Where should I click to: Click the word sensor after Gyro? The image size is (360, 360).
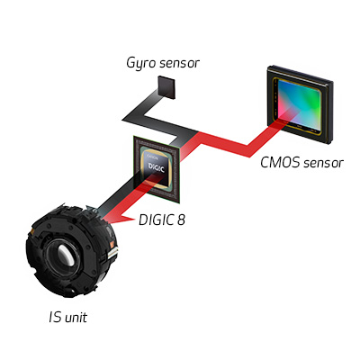[179, 63]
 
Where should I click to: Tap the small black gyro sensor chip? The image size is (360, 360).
[166, 87]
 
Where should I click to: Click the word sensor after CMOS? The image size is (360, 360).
[323, 163]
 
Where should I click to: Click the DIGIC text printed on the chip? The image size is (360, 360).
[157, 167]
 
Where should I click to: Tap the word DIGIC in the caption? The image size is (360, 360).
[156, 220]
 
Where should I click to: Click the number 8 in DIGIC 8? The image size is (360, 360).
[181, 220]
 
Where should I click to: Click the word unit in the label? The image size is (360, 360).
[76, 318]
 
